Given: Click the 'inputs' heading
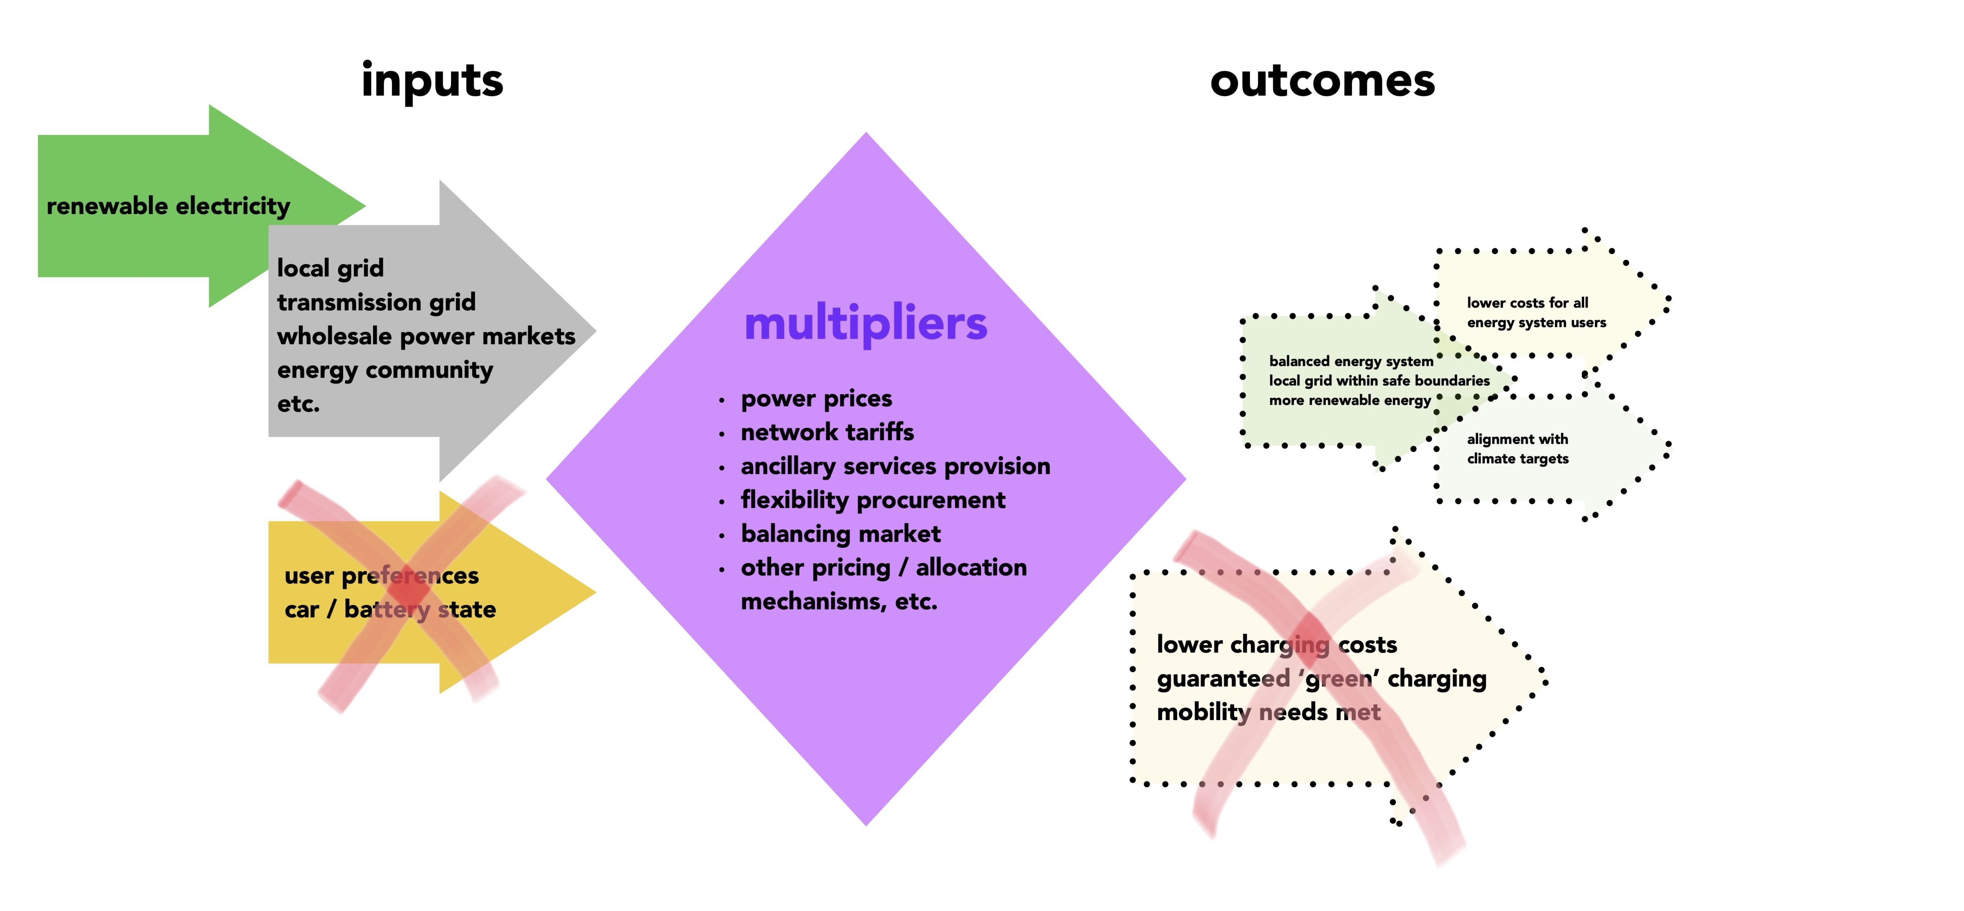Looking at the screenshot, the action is tap(432, 80).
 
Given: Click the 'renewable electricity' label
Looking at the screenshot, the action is tap(169, 206).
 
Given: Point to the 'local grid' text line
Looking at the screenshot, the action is tap(330, 268).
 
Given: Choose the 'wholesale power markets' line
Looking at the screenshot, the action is tap(426, 336).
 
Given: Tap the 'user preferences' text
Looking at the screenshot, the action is tap(381, 576).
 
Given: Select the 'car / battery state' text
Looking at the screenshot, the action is tap(390, 610).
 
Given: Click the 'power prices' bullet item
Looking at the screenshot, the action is tap(816, 399).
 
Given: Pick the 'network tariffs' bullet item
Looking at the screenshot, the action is tap(827, 432).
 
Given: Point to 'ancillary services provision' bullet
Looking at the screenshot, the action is tap(895, 466).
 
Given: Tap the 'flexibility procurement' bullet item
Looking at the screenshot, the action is tap(873, 500).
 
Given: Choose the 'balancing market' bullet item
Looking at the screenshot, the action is tap(840, 533).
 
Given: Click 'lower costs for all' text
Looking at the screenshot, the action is tap(1527, 302).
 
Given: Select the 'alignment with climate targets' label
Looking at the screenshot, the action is tap(1517, 449).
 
